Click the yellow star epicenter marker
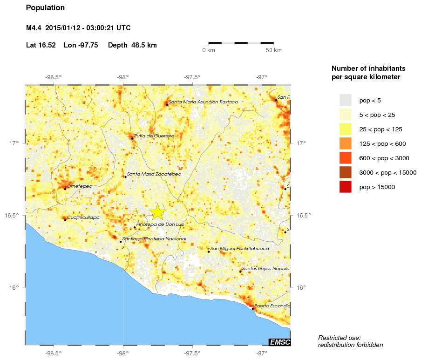158,212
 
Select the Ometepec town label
79,186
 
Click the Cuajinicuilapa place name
83,217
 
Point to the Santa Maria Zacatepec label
154,174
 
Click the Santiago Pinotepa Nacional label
155,239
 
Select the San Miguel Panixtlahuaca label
239,249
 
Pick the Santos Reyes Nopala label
265,269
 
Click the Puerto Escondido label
272,306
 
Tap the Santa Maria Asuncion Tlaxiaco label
203,102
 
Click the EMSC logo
280,342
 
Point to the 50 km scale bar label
273,50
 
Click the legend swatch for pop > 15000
345,187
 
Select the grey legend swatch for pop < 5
345,100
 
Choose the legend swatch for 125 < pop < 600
345,143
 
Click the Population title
45,8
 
